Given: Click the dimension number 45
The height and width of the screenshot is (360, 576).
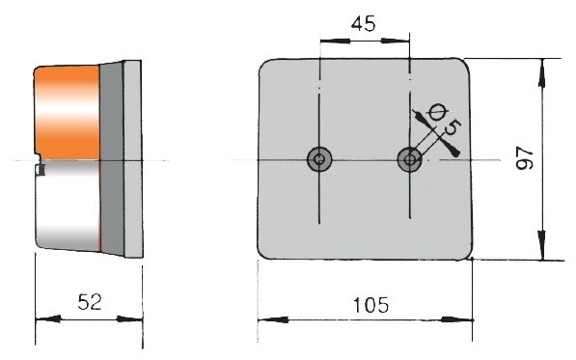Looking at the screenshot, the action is (364, 24).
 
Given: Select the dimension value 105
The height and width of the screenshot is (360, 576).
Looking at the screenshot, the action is (370, 305).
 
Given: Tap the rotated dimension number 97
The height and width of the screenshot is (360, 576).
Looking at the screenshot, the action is (524, 158).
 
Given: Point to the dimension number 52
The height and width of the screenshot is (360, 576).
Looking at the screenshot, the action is (90, 302).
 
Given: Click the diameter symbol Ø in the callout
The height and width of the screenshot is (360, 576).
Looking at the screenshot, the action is (438, 111).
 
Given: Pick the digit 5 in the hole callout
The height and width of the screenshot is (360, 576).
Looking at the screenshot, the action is (453, 127).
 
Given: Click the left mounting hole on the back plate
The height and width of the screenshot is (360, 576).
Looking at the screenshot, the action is (319, 159).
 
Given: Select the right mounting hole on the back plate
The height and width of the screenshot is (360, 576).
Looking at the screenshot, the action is (410, 159).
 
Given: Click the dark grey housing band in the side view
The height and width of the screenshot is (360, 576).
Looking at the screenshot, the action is (112, 158).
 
